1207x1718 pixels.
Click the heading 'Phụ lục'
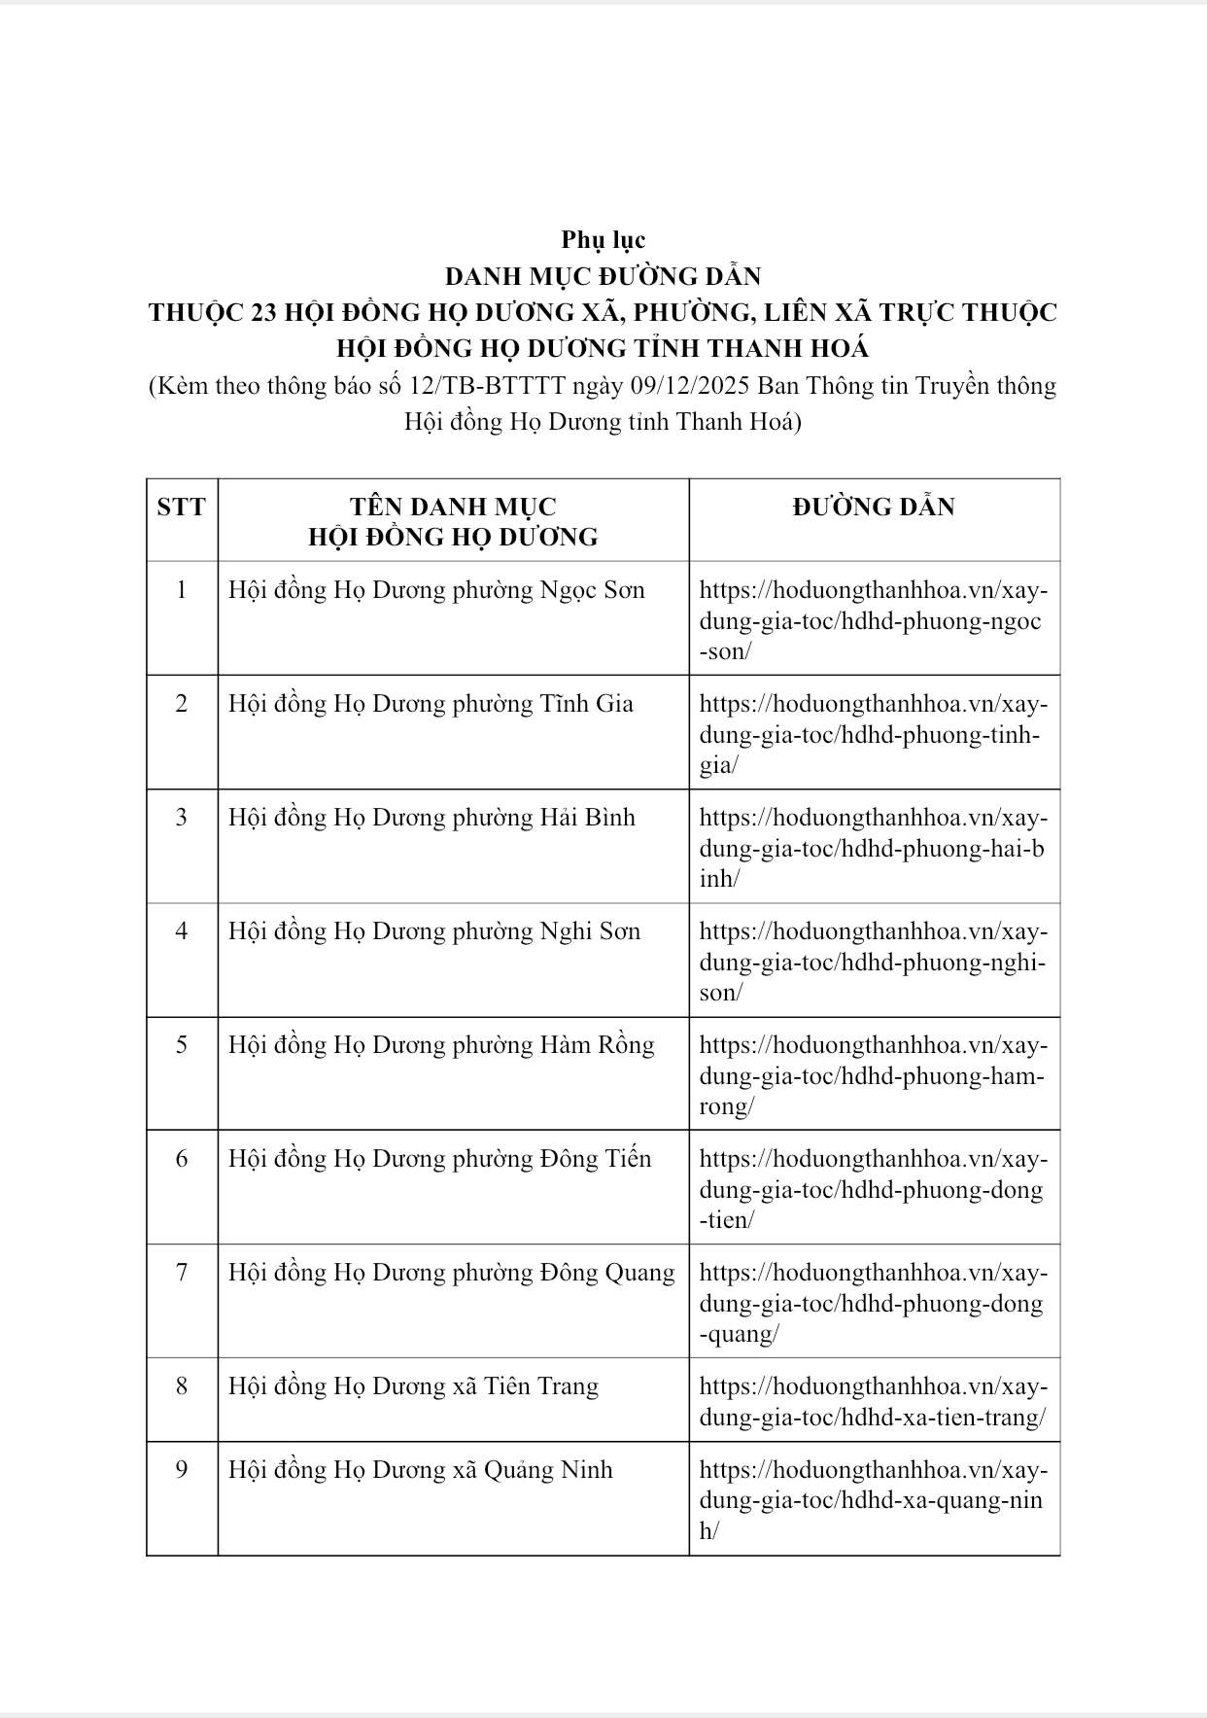pyautogui.click(x=603, y=239)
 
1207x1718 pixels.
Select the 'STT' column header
pyautogui.click(x=182, y=507)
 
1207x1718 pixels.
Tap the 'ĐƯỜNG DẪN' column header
pyautogui.click(x=874, y=507)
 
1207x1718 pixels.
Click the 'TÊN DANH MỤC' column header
pyautogui.click(x=453, y=507)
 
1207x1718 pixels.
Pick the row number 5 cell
pyautogui.click(x=182, y=1045)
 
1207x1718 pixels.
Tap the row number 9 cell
pyautogui.click(x=182, y=1469)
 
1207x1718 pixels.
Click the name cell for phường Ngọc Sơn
pyautogui.click(x=436, y=590)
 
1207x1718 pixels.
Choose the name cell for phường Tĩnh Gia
pyautogui.click(x=431, y=704)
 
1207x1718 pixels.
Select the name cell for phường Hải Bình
pyautogui.click(x=431, y=818)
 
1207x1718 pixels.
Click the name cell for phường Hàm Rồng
pyautogui.click(x=441, y=1045)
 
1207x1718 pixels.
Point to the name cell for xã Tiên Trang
pyautogui.click(x=413, y=1386)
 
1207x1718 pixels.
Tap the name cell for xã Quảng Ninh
pyautogui.click(x=420, y=1469)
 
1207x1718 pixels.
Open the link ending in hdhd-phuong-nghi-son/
pyautogui.click(x=873, y=962)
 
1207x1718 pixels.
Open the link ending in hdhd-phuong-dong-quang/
pyautogui.click(x=873, y=1303)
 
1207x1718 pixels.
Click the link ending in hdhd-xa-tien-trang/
pyautogui.click(x=873, y=1402)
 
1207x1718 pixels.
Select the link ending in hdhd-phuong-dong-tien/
pyautogui.click(x=873, y=1189)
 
